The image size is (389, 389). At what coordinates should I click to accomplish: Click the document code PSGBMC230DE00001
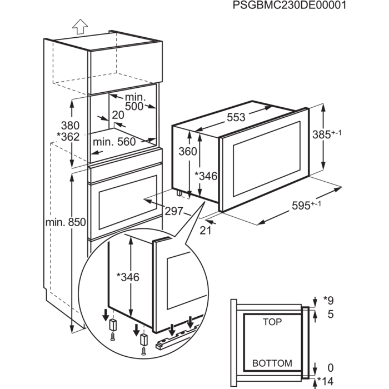click(290, 6)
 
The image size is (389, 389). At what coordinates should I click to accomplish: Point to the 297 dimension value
click(174, 211)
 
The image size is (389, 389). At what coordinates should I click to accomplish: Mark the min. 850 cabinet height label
click(65, 223)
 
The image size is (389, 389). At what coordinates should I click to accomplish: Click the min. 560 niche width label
click(114, 142)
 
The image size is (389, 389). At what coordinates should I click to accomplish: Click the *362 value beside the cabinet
click(68, 137)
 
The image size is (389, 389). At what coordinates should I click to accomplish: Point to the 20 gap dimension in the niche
click(117, 115)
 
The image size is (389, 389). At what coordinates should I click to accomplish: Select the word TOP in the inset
click(272, 322)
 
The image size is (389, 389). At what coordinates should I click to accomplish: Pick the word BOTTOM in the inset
click(272, 363)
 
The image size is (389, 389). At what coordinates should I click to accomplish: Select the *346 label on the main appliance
click(206, 177)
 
